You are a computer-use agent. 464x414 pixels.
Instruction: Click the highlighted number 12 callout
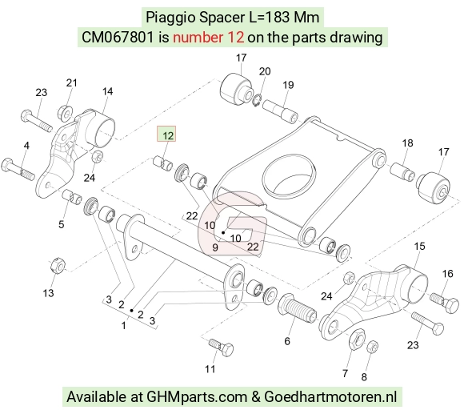coord(166,134)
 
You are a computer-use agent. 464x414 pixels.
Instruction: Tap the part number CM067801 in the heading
coord(118,38)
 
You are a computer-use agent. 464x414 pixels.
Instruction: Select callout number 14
coord(107,91)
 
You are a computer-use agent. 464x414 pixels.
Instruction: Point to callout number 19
coord(288,85)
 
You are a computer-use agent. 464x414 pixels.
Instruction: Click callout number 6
coord(287,341)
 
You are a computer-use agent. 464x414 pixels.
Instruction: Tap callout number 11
coord(210,369)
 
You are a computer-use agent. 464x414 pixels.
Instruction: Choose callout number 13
coord(48,293)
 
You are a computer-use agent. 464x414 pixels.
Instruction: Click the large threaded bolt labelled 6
coord(297,308)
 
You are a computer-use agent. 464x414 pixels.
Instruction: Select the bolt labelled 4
coord(18,170)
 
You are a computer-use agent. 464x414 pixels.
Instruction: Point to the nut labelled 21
coord(64,112)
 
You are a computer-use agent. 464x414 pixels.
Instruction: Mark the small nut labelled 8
coord(372,346)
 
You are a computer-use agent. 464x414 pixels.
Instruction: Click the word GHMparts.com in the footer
coord(197,396)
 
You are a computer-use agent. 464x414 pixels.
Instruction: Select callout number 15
coord(419,246)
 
